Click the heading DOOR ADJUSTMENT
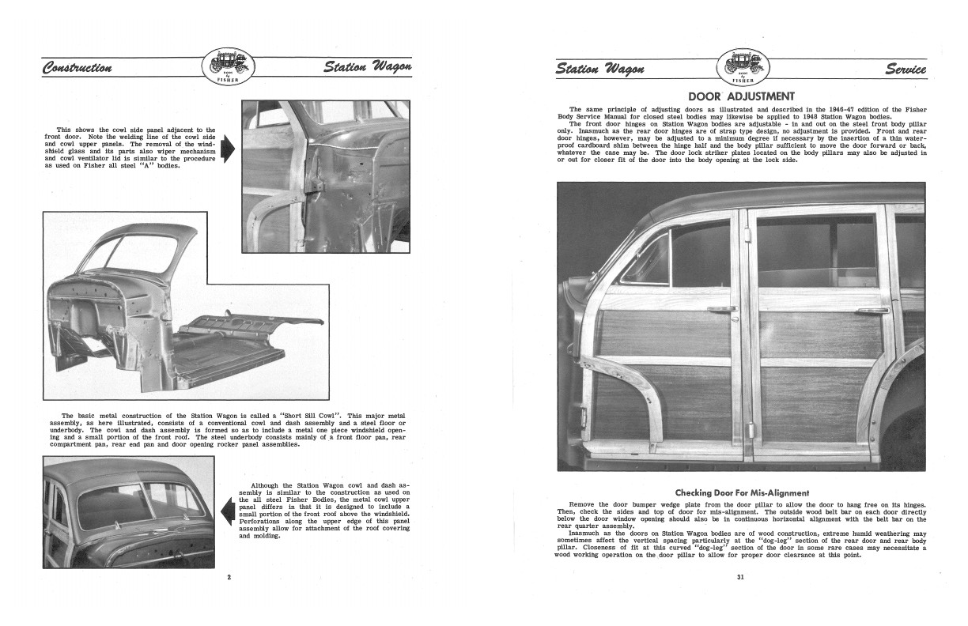pyautogui.click(x=741, y=96)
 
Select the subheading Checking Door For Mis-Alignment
pyautogui.click(x=741, y=492)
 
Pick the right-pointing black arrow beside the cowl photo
pyautogui.click(x=230, y=149)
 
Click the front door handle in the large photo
pyautogui.click(x=723, y=309)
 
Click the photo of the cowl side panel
pyautogui.click(x=325, y=176)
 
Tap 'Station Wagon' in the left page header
pyautogui.click(x=367, y=66)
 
